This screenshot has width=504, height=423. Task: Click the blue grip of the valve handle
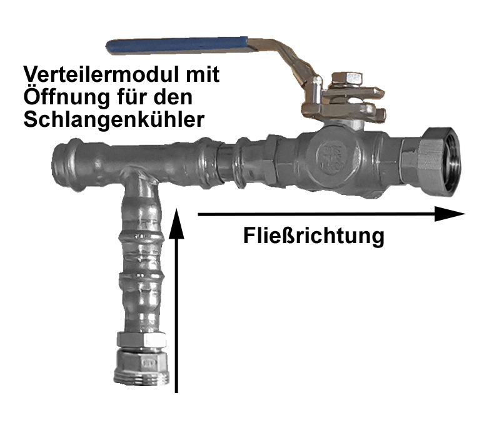177,46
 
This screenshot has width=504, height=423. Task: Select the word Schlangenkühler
114,119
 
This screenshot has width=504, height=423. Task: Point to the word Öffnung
66,97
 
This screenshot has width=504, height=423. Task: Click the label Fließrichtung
314,236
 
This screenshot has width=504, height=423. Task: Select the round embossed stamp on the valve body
331,157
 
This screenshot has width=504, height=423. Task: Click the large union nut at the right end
440,162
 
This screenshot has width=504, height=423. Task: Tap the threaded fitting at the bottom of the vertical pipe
142,369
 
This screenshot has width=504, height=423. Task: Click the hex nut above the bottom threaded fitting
142,340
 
